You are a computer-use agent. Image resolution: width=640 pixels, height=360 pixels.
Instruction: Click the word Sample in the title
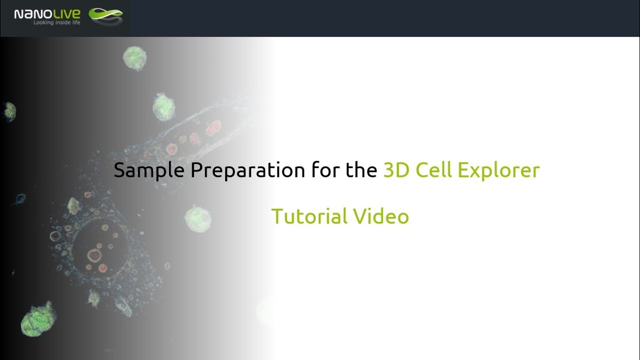[149, 171]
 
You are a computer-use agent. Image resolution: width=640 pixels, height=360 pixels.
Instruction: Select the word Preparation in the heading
[247, 171]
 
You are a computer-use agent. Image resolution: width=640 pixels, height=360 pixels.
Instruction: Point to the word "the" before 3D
[361, 171]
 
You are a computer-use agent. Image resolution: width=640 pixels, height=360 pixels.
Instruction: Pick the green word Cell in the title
[434, 171]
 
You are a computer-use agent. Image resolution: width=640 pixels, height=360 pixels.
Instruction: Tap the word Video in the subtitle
[381, 216]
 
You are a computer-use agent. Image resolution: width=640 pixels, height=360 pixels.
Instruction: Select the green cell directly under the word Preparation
[197, 219]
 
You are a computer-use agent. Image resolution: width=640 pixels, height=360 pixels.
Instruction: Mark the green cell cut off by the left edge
[9, 111]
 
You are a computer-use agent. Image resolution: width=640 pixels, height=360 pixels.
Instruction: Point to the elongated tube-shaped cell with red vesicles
[210, 132]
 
